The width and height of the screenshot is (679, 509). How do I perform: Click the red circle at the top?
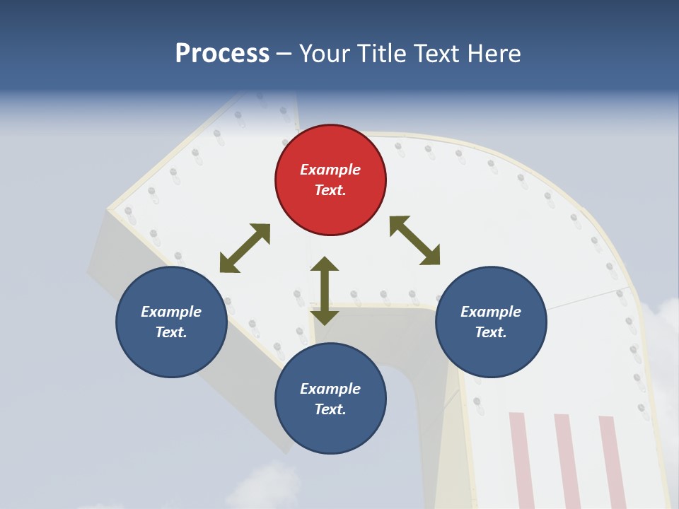point(330,180)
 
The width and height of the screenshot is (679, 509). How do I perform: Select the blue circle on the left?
point(171,322)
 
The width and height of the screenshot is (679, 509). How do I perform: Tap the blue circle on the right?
point(491,322)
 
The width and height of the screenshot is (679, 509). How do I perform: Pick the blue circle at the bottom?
point(330,399)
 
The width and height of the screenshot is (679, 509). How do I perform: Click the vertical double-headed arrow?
point(325,291)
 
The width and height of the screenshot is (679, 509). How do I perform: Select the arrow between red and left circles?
point(245,248)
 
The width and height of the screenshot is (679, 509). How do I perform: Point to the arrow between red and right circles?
point(414,240)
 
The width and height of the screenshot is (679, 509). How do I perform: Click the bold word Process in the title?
point(222,53)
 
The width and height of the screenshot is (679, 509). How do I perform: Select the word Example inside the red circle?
point(330,170)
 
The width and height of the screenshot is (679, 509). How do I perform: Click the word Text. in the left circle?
point(171,332)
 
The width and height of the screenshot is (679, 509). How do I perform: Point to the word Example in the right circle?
point(491,312)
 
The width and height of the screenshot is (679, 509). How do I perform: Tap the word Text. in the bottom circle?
point(330,409)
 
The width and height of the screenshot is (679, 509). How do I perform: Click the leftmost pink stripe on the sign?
point(521,460)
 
